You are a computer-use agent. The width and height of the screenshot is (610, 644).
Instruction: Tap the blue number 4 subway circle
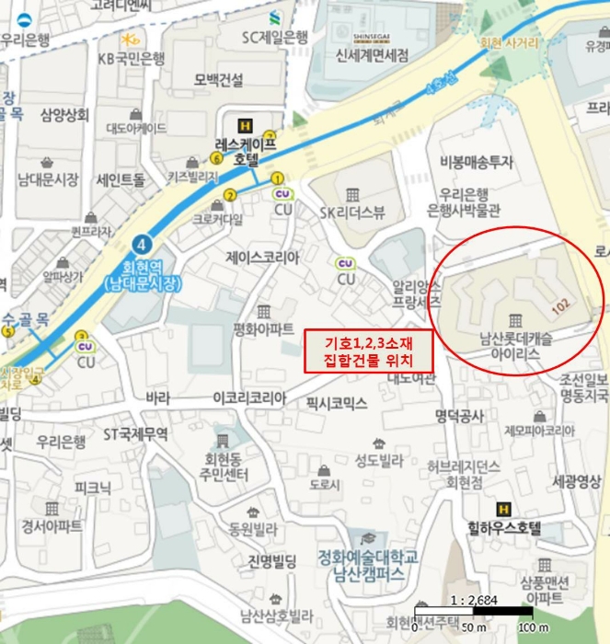pos(142,244)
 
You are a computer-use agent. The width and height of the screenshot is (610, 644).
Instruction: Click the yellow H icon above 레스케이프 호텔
pos(245,126)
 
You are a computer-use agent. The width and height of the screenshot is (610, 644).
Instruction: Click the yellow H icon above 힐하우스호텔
pos(503,509)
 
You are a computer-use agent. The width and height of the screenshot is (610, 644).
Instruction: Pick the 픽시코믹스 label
pos(337,403)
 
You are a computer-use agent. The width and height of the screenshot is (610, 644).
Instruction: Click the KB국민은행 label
pos(132,58)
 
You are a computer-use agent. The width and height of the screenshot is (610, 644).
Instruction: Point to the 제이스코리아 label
pos(262,257)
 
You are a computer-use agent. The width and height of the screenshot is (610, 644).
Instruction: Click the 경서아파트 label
pos(52,526)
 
